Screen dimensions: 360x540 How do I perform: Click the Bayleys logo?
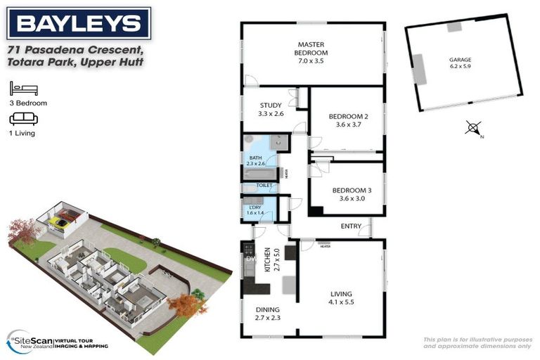click(x=78, y=23)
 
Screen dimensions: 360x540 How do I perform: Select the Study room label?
click(x=271, y=109)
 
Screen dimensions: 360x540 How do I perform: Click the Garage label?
click(x=461, y=63)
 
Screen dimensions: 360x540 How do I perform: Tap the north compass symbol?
click(x=474, y=129)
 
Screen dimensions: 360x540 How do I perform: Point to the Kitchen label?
click(x=267, y=260)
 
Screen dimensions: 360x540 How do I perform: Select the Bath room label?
click(x=255, y=160)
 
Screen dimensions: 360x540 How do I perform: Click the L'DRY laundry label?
click(x=253, y=210)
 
